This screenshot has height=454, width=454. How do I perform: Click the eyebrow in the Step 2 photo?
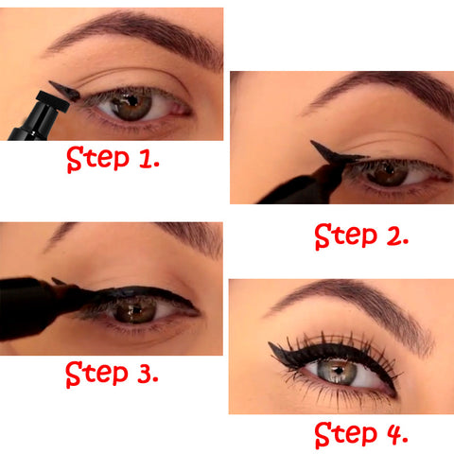[378, 90]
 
